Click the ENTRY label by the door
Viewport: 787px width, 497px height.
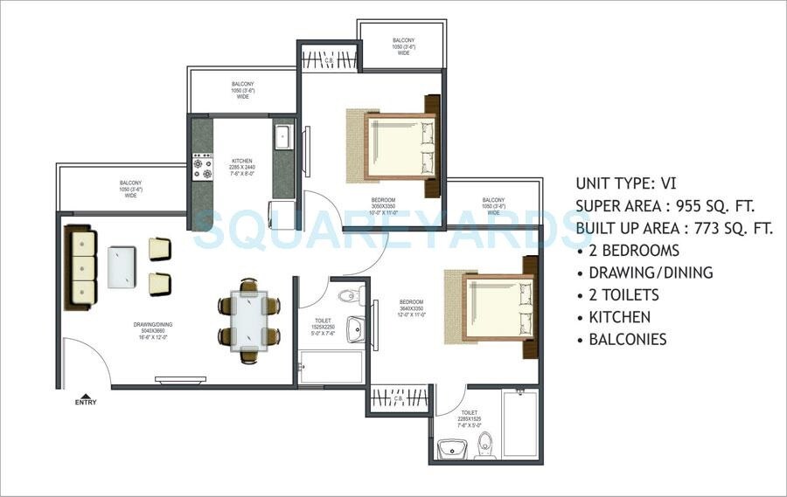86,402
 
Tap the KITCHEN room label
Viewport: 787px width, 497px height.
242,162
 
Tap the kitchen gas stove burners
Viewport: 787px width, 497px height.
202,167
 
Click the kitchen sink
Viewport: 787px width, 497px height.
282,137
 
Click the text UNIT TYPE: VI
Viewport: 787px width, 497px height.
625,183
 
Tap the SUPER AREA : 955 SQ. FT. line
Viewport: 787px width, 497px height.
665,206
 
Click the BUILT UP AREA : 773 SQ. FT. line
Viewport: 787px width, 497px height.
674,229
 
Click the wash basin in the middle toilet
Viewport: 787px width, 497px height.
355,329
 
